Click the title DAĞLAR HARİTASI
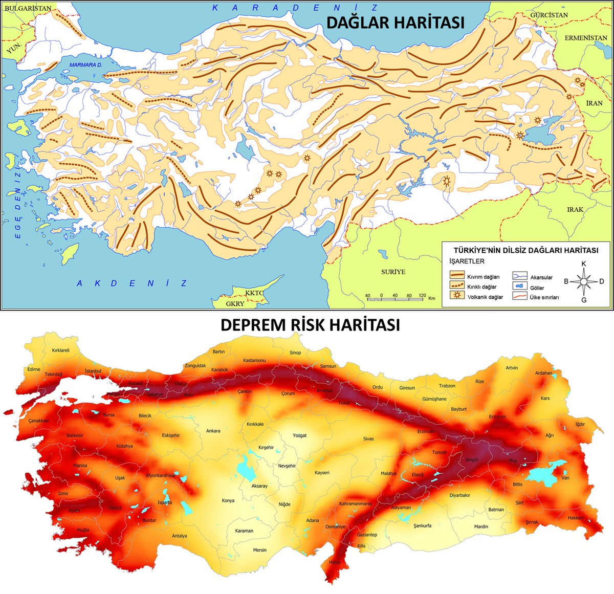[x=396, y=23]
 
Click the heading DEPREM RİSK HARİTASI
[x=310, y=325]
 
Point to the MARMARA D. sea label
[x=86, y=65]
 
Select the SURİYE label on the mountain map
[x=393, y=272]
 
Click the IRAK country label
[x=575, y=210]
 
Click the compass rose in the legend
[x=584, y=281]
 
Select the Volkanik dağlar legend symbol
[x=454, y=296]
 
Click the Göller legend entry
[x=537, y=288]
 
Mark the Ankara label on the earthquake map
[x=213, y=431]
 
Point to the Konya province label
[x=228, y=500]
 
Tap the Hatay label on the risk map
[x=335, y=562]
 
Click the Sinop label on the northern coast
[x=295, y=353]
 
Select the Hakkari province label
[x=575, y=518]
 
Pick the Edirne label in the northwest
[x=34, y=369]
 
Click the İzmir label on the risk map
[x=63, y=493]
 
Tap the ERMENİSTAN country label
[x=585, y=38]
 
